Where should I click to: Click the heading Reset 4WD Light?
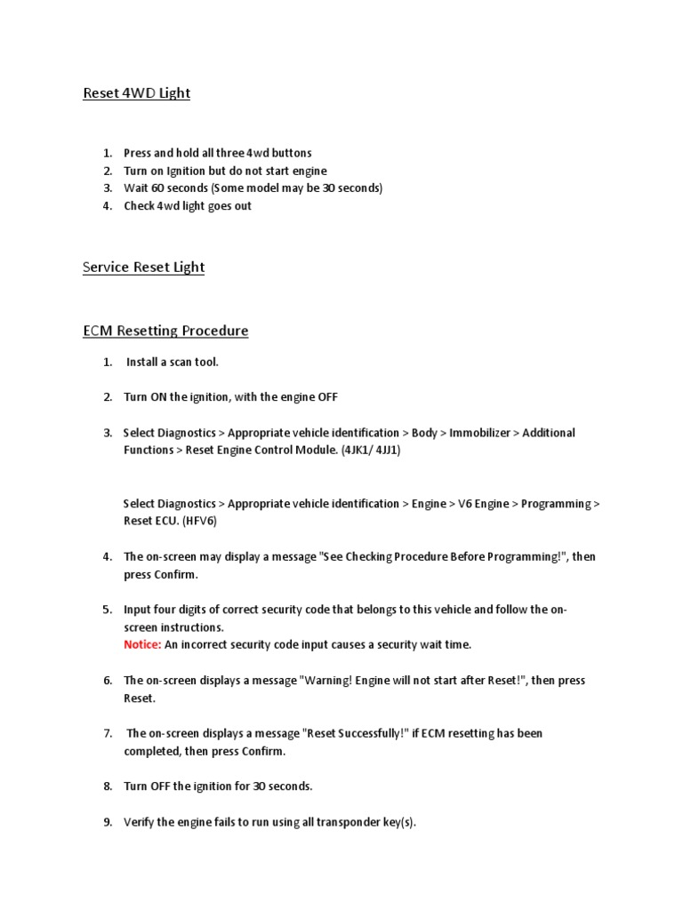tap(136, 93)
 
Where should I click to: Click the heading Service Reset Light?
tap(143, 267)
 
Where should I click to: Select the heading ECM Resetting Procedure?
tap(165, 331)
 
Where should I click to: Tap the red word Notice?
tap(142, 644)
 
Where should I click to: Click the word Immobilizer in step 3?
tap(479, 433)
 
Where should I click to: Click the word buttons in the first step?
tap(290, 153)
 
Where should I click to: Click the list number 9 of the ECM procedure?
tap(107, 822)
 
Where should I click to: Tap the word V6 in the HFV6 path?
tap(467, 504)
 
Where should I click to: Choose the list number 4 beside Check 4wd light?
tap(107, 206)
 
